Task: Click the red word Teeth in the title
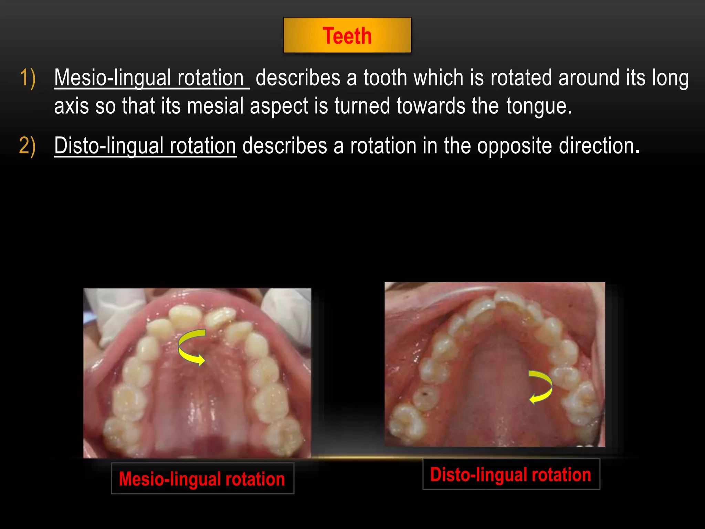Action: [x=347, y=36]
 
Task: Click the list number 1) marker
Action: [x=28, y=78]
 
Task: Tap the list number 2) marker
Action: [x=28, y=146]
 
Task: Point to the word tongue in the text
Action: [x=538, y=106]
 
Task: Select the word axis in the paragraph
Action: [x=71, y=106]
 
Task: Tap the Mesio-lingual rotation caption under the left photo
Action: [x=202, y=479]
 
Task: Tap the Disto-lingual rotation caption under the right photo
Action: [x=511, y=474]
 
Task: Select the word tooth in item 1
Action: [x=385, y=78]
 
